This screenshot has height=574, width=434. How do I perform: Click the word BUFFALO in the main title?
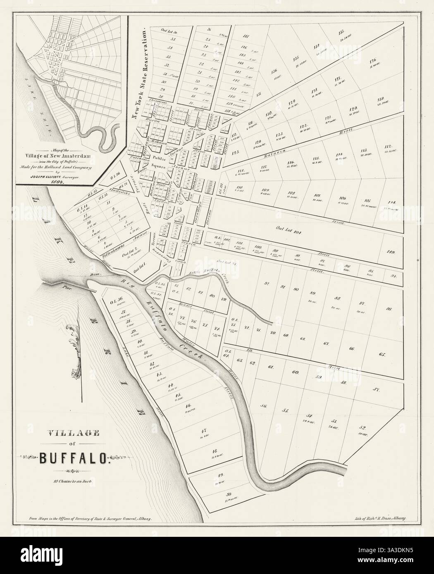(x=74, y=457)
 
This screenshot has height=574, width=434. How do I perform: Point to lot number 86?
(x=389, y=309)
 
